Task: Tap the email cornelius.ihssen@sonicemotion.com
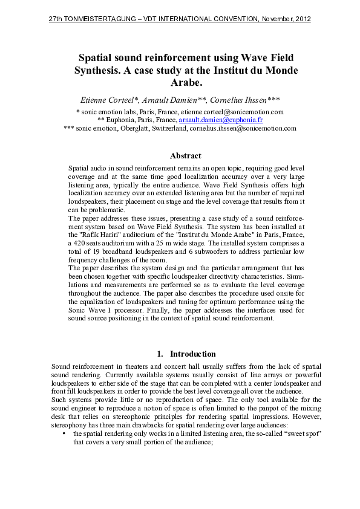[243, 128]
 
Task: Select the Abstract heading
[185, 156]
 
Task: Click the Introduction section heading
[192, 354]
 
